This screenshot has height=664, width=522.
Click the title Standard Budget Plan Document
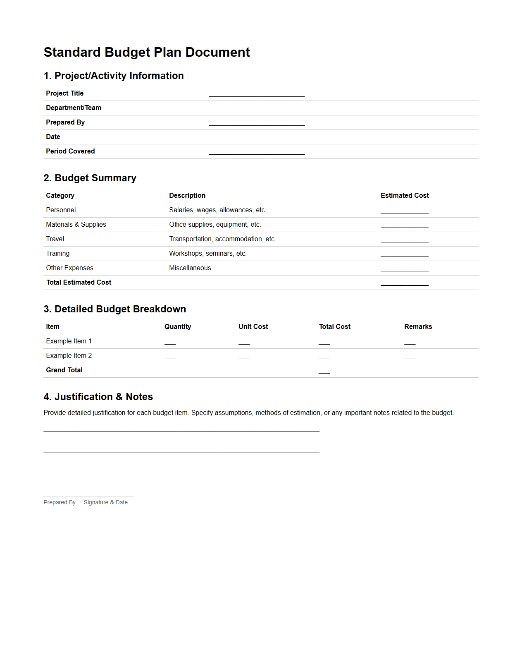(147, 53)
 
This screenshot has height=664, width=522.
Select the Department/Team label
(74, 108)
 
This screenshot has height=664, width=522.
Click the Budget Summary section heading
(90, 178)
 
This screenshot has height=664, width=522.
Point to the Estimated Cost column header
(405, 196)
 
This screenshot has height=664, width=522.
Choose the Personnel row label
(61, 210)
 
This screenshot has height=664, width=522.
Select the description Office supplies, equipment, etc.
(215, 225)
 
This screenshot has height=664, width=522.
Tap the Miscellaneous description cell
(190, 268)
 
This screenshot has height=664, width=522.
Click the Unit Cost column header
(253, 327)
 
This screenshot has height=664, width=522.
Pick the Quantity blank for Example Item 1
(170, 343)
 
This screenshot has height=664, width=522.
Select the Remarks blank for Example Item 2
(410, 357)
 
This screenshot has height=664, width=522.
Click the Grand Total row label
(64, 370)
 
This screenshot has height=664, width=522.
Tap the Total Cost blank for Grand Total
(324, 372)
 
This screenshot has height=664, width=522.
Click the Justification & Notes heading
(98, 397)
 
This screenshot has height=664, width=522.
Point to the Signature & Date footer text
(105, 502)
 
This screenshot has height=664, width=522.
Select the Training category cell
(58, 254)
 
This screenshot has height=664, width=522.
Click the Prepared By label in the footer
(60, 502)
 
